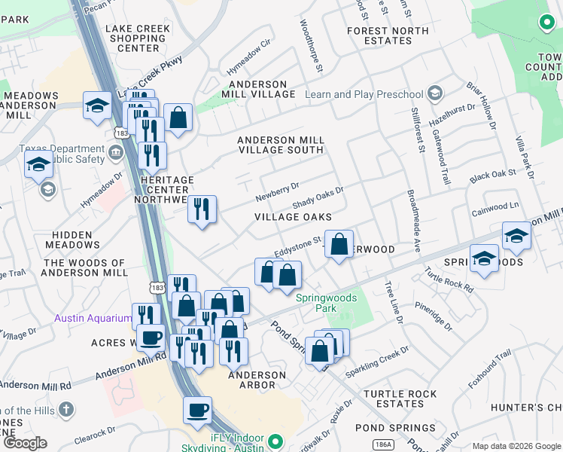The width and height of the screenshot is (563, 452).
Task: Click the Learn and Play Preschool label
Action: [364, 94]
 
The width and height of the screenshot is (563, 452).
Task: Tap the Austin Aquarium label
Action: [93, 318]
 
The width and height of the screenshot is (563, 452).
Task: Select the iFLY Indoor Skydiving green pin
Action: [275, 441]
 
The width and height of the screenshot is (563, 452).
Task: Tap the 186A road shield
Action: [383, 444]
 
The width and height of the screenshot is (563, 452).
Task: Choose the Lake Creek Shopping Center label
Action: [138, 38]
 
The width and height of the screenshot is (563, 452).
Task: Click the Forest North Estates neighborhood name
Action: [390, 35]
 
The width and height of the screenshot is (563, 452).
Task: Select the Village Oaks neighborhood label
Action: [293, 217]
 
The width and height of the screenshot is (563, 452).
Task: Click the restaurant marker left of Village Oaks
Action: [201, 209]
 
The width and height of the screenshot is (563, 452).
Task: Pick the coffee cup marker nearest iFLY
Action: [198, 411]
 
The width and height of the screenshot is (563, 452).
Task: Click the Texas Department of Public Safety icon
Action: [115, 154]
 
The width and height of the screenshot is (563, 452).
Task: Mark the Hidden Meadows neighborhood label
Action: [73, 240]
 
